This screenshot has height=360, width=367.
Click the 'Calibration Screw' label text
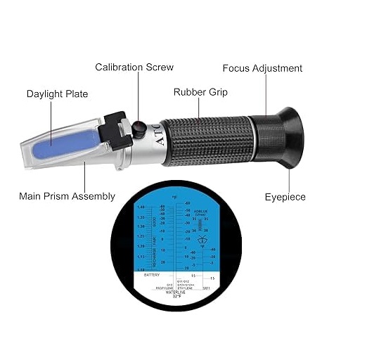click(x=134, y=67)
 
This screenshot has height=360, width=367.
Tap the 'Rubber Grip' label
click(x=200, y=92)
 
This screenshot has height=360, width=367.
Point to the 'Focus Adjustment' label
click(x=262, y=68)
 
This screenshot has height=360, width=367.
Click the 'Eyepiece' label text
click(x=285, y=197)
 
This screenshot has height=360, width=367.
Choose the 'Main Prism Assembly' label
click(x=67, y=196)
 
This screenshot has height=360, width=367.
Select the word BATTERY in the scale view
click(x=151, y=275)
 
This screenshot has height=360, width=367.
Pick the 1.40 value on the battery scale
click(x=141, y=207)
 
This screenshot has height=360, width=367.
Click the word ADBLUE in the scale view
click(x=202, y=210)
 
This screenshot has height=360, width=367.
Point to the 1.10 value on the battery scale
click(x=141, y=269)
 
